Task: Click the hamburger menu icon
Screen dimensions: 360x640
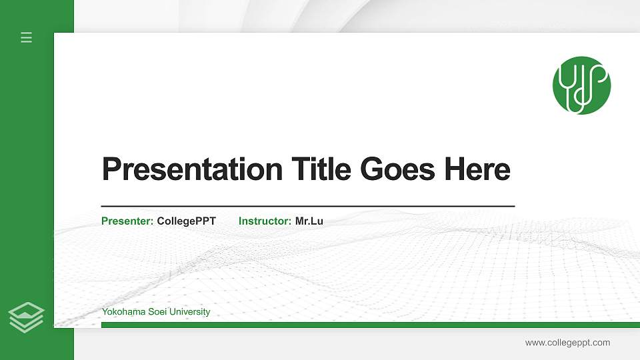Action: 27,37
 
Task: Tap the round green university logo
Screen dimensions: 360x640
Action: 581,85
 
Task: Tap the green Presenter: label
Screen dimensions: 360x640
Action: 127,221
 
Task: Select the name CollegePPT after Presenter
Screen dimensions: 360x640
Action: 186,221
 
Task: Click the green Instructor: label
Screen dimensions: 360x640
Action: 265,221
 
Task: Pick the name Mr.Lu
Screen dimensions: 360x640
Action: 309,221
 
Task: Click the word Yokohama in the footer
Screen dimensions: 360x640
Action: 121,312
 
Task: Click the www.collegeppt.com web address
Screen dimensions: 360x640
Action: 567,343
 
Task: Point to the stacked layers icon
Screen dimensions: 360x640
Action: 27,317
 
